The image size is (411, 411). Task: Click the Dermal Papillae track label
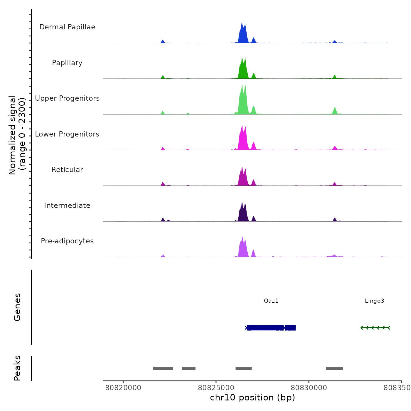point(67,27)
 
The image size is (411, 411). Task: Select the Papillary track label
point(67,63)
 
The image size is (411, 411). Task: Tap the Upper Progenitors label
point(67,98)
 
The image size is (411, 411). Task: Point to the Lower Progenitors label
point(67,134)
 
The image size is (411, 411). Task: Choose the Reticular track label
point(67,170)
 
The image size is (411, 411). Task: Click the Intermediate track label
point(67,206)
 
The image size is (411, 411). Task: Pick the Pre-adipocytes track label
point(67,241)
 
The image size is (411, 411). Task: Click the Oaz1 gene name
point(271,301)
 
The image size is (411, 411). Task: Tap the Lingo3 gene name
point(374,301)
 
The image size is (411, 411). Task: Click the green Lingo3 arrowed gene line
point(375,328)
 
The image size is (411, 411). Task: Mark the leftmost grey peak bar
point(163,368)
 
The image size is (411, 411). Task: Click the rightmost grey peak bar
point(334,368)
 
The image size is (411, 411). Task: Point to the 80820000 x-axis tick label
point(123,388)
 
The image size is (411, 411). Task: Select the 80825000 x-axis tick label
point(216,388)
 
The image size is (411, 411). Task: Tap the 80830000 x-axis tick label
point(309,388)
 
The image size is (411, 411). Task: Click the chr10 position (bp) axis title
point(252,397)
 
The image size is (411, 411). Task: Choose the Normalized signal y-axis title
point(17,135)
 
